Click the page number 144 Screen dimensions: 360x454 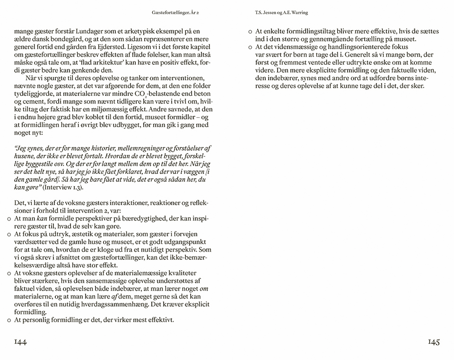[x=20, y=342]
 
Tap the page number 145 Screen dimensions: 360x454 [x=434, y=342]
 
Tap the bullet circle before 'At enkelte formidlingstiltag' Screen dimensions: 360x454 [x=250, y=32]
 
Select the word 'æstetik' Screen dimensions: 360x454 [x=82, y=234]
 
